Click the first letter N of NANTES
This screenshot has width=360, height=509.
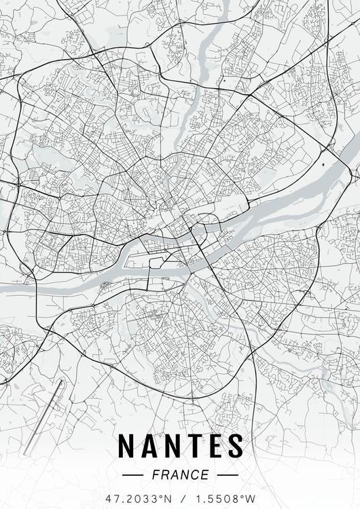tap(127, 445)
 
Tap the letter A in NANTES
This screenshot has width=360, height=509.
tap(150, 445)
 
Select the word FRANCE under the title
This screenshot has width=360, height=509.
tap(181, 474)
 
